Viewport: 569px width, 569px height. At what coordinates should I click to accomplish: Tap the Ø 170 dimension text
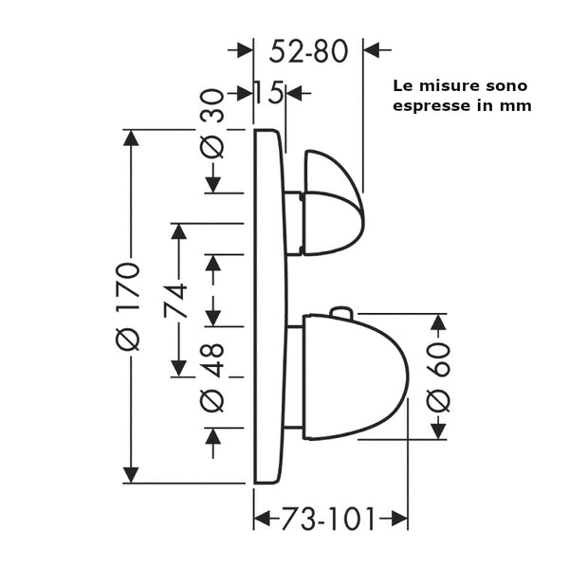point(131,305)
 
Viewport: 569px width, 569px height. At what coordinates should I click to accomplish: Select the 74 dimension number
point(176,302)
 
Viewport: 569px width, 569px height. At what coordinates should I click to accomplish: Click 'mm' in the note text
point(518,105)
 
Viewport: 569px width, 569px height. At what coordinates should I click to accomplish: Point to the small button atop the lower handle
point(340,312)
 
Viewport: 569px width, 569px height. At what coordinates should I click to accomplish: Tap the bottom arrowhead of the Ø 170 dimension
point(132,474)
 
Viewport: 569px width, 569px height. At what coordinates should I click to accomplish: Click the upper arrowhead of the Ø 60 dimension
point(438,322)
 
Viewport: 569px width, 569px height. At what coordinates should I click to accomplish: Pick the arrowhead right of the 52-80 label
point(372,48)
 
